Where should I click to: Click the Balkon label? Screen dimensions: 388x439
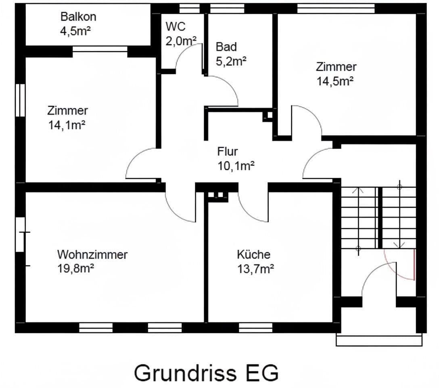(78, 17)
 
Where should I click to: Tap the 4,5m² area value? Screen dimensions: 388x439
(75, 31)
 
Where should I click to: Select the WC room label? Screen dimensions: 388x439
(176, 27)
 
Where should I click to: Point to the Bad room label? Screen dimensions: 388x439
(226, 46)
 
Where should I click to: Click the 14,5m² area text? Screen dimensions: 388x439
(335, 81)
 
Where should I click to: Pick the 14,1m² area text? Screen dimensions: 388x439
(67, 125)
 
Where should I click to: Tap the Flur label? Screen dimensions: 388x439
(228, 152)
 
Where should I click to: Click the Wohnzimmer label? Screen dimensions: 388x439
(92, 255)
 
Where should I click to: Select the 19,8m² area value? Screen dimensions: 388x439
(76, 269)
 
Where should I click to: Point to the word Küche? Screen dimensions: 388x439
(253, 255)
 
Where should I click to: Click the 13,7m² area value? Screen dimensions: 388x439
(256, 269)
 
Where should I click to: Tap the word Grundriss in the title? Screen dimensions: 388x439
(185, 373)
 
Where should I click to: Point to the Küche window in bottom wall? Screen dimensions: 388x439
(255, 327)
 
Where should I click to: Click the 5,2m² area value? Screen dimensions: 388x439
(231, 61)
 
